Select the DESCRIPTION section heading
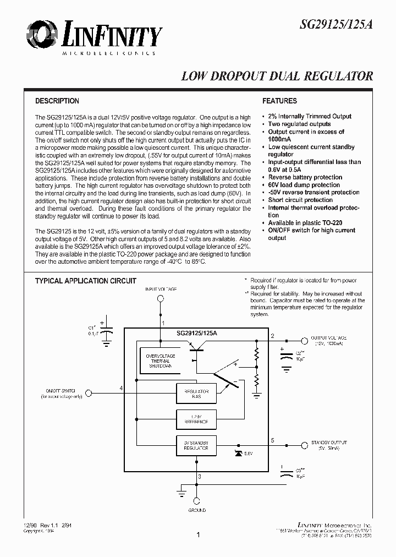click(57, 101)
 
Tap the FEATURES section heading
click(279, 101)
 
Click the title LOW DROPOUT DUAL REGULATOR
click(277, 77)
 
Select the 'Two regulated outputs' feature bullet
click(299, 124)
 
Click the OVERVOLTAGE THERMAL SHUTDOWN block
click(159, 361)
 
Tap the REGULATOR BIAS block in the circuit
click(193, 392)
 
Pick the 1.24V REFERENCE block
click(193, 419)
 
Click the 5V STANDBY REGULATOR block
click(193, 446)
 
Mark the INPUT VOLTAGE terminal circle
click(161, 299)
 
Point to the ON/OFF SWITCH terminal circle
click(90, 392)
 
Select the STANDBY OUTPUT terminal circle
click(303, 446)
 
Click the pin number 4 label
click(120, 389)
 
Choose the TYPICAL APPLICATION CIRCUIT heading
click(85, 281)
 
